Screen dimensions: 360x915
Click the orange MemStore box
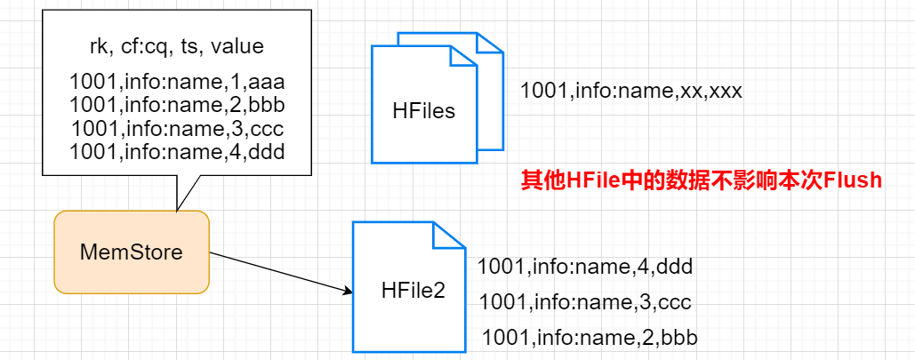[132, 252]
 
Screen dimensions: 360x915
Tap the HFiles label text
[423, 111]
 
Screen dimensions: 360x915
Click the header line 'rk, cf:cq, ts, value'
[175, 46]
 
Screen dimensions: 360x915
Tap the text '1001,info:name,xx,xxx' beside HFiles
[630, 91]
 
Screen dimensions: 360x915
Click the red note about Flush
[701, 181]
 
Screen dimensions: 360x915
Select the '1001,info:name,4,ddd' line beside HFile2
[584, 266]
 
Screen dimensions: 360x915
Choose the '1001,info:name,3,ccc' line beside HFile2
[584, 301]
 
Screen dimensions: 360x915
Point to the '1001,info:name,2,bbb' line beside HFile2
[590, 338]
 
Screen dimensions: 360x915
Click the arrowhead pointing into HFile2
[348, 290]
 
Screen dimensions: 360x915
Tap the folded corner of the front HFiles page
[462, 59]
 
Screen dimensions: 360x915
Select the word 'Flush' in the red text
[853, 181]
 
